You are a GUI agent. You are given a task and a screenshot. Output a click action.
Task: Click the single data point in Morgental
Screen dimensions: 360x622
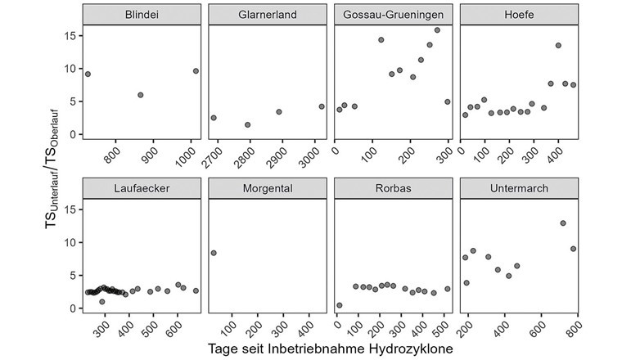pyautogui.click(x=214, y=253)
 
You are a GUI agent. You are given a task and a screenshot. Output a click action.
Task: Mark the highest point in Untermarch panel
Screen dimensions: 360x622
pyautogui.click(x=563, y=223)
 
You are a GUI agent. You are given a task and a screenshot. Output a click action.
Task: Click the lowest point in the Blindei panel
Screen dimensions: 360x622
pyautogui.click(x=141, y=95)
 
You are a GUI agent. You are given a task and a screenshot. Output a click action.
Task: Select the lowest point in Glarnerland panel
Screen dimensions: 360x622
pyautogui.click(x=247, y=124)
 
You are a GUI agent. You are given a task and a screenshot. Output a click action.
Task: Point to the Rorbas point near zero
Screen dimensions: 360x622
pyautogui.click(x=340, y=305)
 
